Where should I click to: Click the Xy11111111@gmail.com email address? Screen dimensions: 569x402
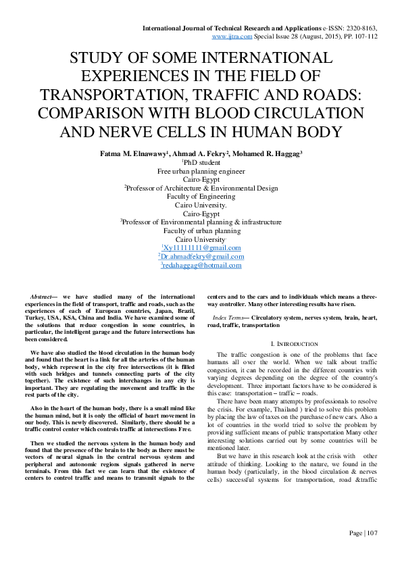(x=201, y=248)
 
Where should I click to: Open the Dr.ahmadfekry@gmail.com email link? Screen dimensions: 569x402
(x=201, y=257)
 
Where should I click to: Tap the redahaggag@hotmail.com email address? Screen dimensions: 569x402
(x=201, y=266)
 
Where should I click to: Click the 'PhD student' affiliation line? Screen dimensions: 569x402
(x=201, y=164)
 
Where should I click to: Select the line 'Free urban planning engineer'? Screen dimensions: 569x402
(x=201, y=172)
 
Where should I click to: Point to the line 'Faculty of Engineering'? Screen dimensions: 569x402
(x=201, y=197)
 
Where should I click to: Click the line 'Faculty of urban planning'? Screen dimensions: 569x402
(x=201, y=230)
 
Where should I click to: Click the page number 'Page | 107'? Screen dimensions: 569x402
(x=363, y=533)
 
